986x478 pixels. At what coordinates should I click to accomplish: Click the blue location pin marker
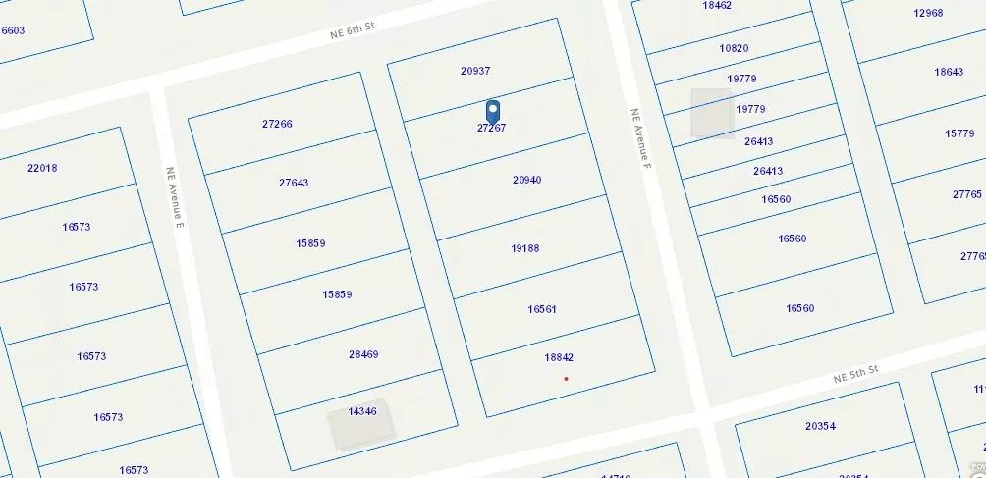493,111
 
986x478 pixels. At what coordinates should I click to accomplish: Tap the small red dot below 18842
566,378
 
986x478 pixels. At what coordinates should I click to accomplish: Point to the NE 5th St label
854,374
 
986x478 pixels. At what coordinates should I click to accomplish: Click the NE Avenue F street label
640,138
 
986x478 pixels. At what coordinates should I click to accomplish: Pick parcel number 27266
277,124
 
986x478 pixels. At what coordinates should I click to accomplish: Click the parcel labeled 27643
294,183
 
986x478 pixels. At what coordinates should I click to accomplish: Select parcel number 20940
526,180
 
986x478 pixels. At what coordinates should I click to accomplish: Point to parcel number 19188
525,248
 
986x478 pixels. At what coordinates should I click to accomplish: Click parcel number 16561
542,309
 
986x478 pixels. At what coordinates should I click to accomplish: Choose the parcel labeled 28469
363,354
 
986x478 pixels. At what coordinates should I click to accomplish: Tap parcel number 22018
42,168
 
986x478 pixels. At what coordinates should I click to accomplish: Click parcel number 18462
717,6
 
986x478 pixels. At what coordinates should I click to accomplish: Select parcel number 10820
734,48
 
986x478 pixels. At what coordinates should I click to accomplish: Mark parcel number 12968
928,13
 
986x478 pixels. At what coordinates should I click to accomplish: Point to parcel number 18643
949,72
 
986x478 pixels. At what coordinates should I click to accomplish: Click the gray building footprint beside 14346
360,424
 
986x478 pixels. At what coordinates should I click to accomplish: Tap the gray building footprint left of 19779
711,113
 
